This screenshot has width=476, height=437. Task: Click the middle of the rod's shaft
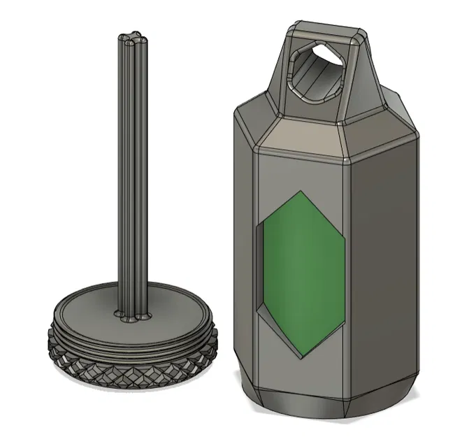coord(131,175)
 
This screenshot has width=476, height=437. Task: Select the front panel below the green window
coord(302,374)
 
